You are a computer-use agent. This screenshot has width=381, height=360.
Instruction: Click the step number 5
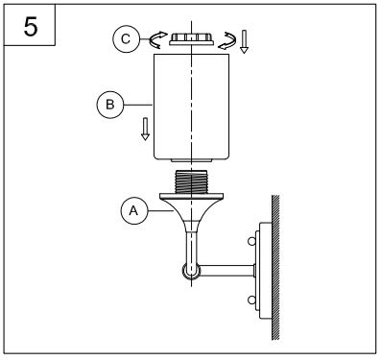click(x=31, y=27)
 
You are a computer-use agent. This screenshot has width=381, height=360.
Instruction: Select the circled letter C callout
click(x=126, y=39)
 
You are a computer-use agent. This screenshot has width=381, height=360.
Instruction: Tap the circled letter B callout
click(x=110, y=105)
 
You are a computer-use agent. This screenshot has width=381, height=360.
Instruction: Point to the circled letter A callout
click(x=134, y=210)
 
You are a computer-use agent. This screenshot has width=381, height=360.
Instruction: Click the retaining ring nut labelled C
click(x=191, y=38)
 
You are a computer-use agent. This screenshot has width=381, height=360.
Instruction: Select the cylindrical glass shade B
click(x=191, y=107)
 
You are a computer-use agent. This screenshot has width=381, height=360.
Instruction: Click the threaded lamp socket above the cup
click(x=191, y=181)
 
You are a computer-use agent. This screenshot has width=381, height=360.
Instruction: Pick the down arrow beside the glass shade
click(x=145, y=129)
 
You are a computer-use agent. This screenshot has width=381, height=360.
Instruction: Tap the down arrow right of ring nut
click(x=244, y=41)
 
